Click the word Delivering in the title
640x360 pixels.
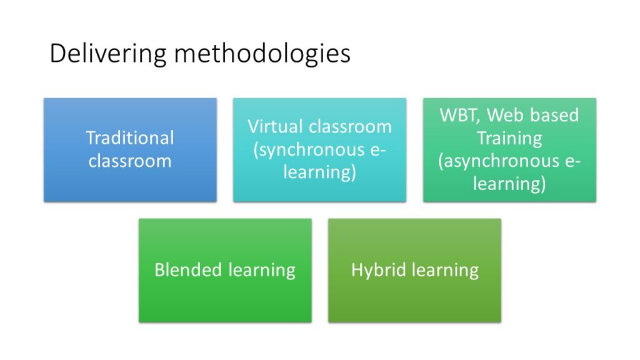(x=108, y=54)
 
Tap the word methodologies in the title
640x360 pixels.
(x=262, y=54)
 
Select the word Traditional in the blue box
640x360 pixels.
(x=130, y=137)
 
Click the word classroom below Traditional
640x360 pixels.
(x=130, y=161)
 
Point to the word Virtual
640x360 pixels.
(x=275, y=126)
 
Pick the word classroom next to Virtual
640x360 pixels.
(x=350, y=126)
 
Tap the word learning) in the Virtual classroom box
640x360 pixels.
(x=319, y=172)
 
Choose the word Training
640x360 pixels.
(x=509, y=139)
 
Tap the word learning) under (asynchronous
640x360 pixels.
(x=509, y=184)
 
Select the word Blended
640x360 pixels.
(x=188, y=270)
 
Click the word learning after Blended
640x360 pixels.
(x=262, y=271)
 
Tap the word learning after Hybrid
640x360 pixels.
(x=445, y=271)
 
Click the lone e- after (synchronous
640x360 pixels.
(x=378, y=151)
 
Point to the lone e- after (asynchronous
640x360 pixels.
(x=572, y=162)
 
